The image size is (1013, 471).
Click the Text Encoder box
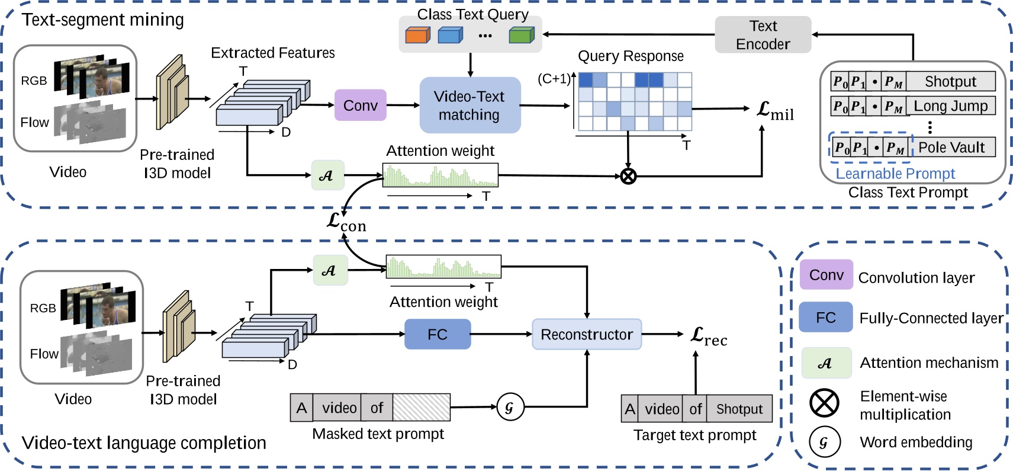[x=763, y=35]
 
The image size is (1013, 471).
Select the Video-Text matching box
[x=469, y=105]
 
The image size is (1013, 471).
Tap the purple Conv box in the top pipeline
[x=360, y=105]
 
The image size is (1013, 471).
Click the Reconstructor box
[x=587, y=335]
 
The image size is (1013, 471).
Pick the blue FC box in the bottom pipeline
[x=438, y=335]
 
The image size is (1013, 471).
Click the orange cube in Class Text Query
[x=417, y=36]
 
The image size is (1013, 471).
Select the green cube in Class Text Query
[x=521, y=36]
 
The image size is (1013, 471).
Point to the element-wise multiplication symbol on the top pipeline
[x=628, y=176]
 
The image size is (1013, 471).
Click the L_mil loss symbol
[x=775, y=111]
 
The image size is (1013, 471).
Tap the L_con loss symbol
[x=346, y=223]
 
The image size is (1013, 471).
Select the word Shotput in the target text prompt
[x=739, y=409]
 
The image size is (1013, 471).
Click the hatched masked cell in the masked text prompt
[x=421, y=408]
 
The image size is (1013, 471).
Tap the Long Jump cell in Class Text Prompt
[x=950, y=106]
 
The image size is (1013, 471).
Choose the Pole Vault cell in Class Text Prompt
[x=951, y=147]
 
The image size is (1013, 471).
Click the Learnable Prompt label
[x=895, y=174]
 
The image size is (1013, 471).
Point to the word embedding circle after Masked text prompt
[x=510, y=407]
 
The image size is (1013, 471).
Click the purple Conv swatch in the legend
[x=826, y=275]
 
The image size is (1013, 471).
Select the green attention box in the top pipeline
[x=327, y=175]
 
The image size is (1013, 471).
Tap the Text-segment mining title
[x=103, y=20]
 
